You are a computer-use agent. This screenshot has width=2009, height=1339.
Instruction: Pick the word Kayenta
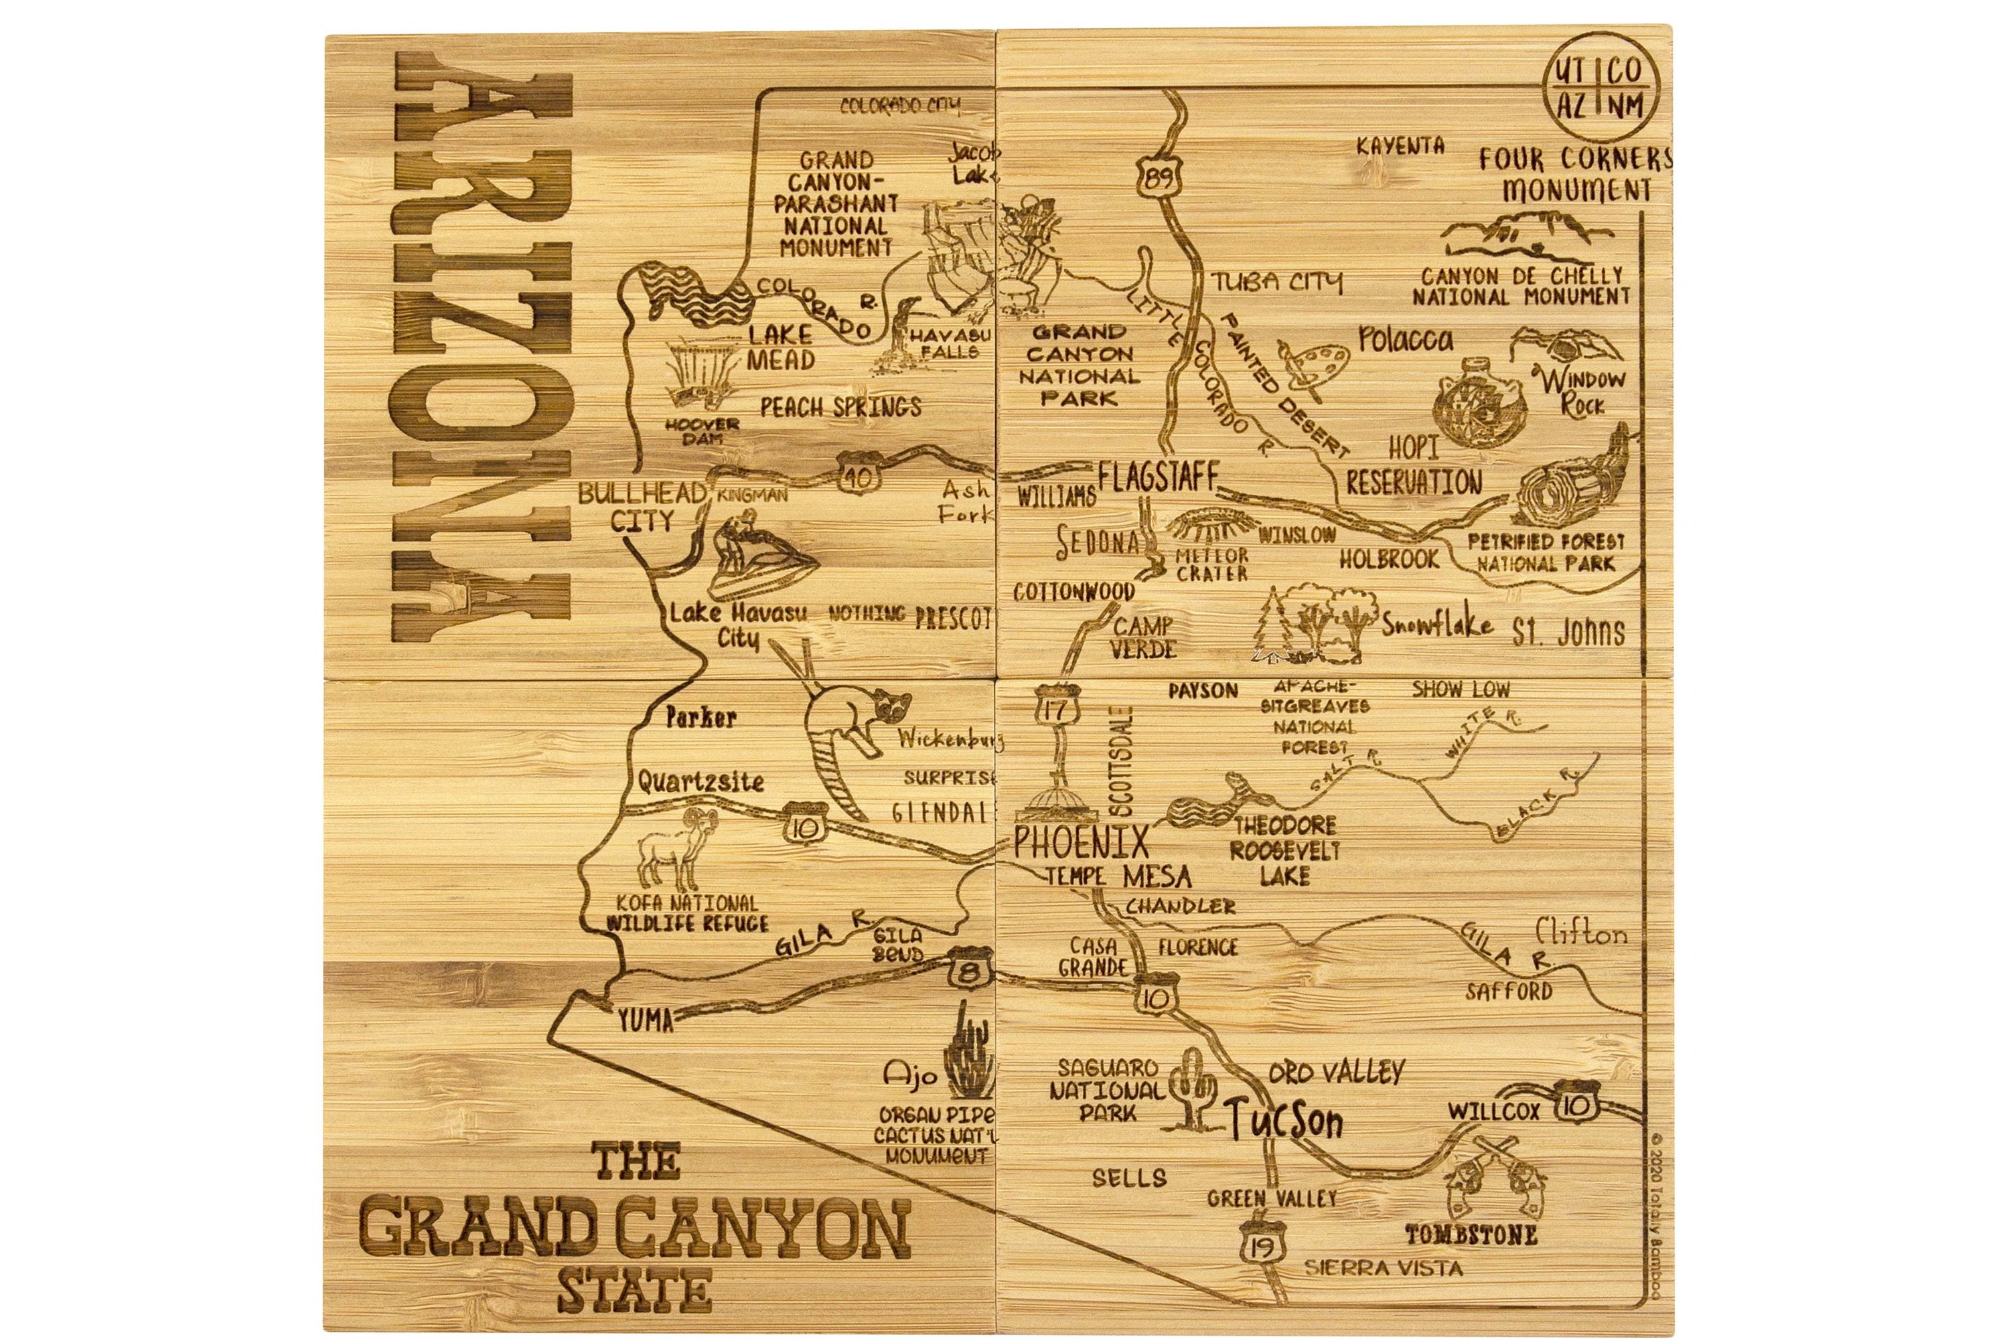click(x=1400, y=146)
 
